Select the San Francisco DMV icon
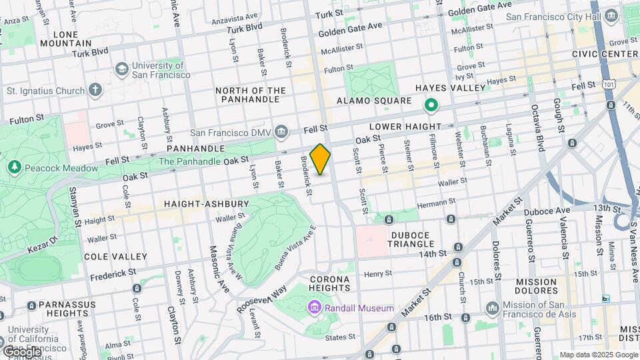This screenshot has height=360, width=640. click(x=281, y=133)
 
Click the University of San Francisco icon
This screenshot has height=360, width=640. click(x=122, y=69)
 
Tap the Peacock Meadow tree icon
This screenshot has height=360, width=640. click(x=13, y=167)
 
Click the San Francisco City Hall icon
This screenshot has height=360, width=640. click(x=611, y=17)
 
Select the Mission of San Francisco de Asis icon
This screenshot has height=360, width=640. click(x=492, y=307)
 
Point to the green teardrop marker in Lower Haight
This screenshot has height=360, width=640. click(x=431, y=105)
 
